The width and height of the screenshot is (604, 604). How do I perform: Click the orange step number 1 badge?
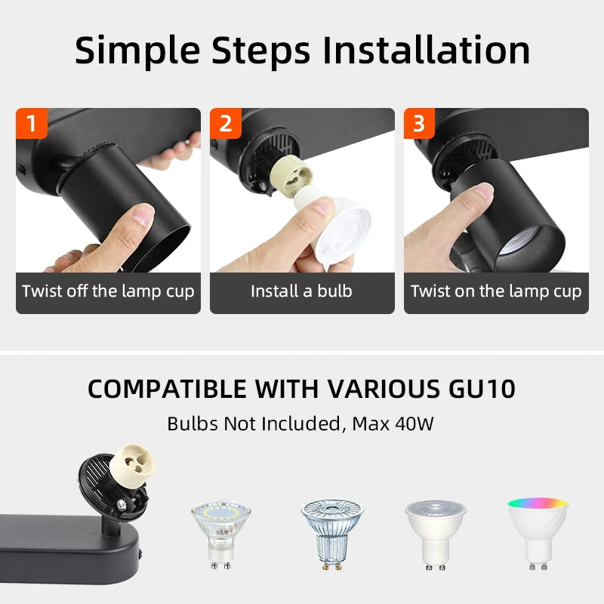[x=32, y=123]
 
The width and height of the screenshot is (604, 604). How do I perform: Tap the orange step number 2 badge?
[x=226, y=123]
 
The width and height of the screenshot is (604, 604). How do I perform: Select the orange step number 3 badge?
[x=419, y=123]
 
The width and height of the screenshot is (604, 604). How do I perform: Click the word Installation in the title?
[x=426, y=50]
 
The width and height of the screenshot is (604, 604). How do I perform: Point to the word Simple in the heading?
[x=137, y=50]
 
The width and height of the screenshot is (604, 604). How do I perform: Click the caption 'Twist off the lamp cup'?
[x=108, y=291]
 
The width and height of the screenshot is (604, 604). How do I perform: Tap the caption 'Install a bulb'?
[x=301, y=291]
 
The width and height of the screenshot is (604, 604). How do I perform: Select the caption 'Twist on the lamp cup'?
[x=496, y=291]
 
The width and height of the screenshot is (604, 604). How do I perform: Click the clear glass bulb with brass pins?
[x=332, y=532]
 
